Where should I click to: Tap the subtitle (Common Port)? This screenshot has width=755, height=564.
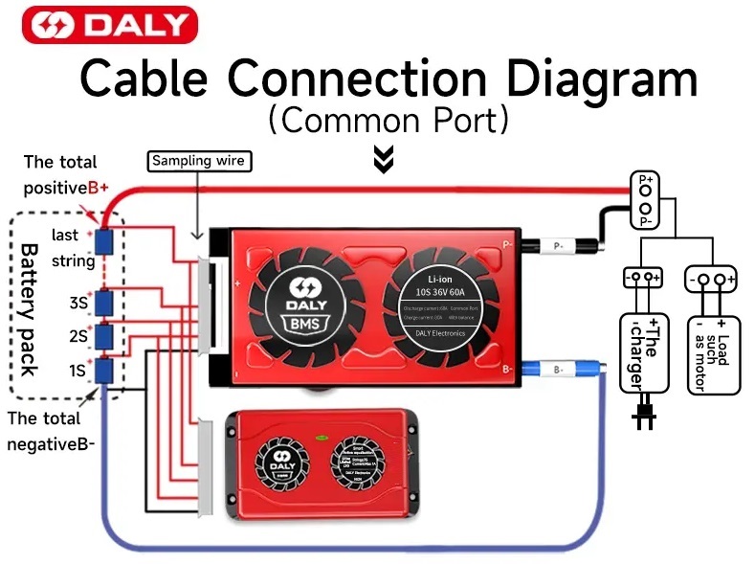[x=388, y=122]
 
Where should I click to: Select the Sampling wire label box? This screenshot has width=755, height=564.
[x=199, y=161]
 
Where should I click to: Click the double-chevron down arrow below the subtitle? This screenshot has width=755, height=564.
[x=384, y=160]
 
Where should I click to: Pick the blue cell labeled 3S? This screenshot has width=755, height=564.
[x=105, y=303]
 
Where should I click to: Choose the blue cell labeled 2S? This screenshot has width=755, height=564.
[x=105, y=336]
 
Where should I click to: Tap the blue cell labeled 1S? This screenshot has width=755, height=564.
[x=105, y=370]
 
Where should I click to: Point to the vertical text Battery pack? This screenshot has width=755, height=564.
[x=32, y=308]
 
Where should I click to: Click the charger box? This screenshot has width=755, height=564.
[x=641, y=350]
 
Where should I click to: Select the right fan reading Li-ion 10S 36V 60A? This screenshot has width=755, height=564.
[x=441, y=305]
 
